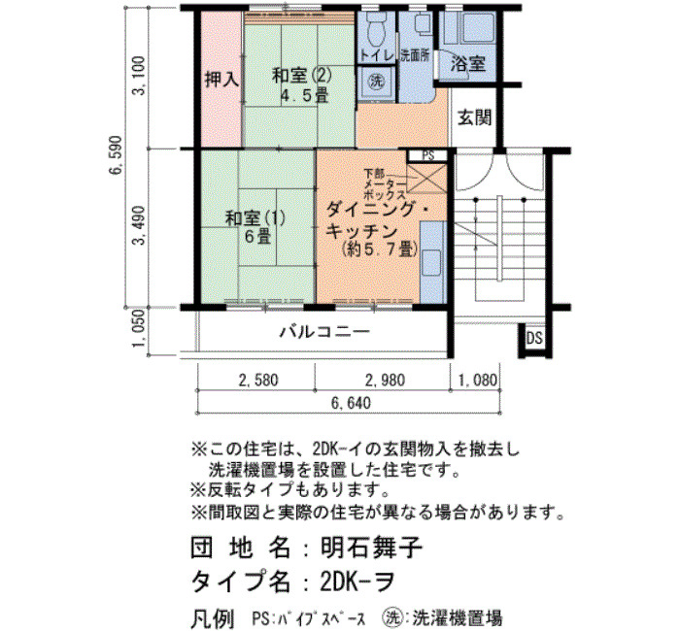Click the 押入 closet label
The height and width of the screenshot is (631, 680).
point(221,80)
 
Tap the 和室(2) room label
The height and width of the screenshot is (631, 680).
point(301,76)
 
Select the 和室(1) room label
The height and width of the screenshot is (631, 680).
point(255,218)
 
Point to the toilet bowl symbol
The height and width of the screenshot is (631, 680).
point(375,29)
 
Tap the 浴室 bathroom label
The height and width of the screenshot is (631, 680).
point(467,64)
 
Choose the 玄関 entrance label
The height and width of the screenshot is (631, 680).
point(475,117)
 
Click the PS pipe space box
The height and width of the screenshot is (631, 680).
point(428,155)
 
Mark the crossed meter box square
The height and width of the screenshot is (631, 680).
point(427,178)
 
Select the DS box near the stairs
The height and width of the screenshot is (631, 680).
point(534,338)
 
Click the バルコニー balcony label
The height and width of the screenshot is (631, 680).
point(324,332)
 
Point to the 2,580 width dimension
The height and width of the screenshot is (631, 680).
point(258,381)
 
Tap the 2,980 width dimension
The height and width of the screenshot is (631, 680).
point(385,381)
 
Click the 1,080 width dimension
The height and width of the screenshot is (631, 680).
point(478,381)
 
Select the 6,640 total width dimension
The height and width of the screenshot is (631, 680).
point(352,403)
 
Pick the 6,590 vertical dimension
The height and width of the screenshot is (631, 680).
point(117,155)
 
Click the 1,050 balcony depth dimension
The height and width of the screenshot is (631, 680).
point(139,328)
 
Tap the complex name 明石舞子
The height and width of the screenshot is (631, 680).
point(371,547)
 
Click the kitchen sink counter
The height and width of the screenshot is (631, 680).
point(433,262)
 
